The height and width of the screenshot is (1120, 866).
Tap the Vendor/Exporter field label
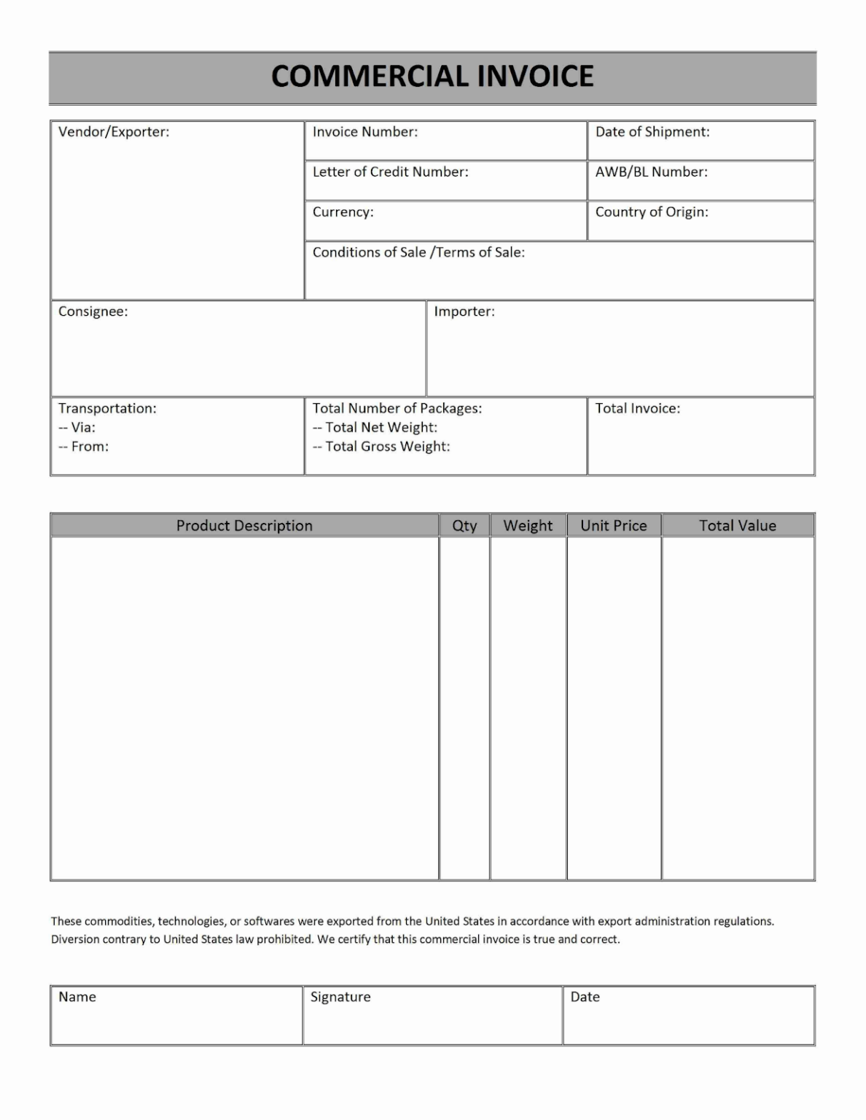(x=114, y=132)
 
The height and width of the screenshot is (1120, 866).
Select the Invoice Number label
(x=365, y=132)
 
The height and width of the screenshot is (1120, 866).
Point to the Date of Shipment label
(x=652, y=132)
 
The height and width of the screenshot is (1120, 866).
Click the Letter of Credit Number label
(x=391, y=172)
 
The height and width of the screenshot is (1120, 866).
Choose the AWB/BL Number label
(x=652, y=172)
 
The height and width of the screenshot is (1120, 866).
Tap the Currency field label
(x=343, y=212)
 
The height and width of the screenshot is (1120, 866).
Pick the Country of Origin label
(x=652, y=212)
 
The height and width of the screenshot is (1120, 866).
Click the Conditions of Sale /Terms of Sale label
(x=418, y=252)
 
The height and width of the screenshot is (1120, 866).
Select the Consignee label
(x=93, y=311)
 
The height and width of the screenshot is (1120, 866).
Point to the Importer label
(x=464, y=311)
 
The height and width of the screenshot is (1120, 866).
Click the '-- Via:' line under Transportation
(x=77, y=427)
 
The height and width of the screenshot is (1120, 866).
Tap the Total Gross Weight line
(x=381, y=446)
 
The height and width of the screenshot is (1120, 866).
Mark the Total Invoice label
(x=638, y=408)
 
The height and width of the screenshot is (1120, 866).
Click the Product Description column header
(x=244, y=526)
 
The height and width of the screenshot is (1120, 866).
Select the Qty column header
(x=464, y=526)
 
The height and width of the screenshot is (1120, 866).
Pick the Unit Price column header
(x=614, y=526)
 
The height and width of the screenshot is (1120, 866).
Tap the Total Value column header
(x=738, y=526)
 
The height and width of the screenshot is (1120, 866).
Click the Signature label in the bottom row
(x=340, y=997)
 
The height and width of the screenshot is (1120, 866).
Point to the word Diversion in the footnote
(x=77, y=939)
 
